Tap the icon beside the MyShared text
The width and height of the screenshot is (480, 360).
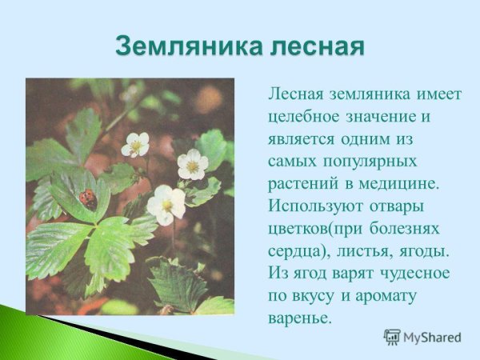click(392, 337)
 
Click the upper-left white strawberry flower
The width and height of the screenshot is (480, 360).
click(135, 144)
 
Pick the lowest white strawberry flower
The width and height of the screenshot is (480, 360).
click(166, 204)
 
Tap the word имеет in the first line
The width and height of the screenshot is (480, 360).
click(439, 94)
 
